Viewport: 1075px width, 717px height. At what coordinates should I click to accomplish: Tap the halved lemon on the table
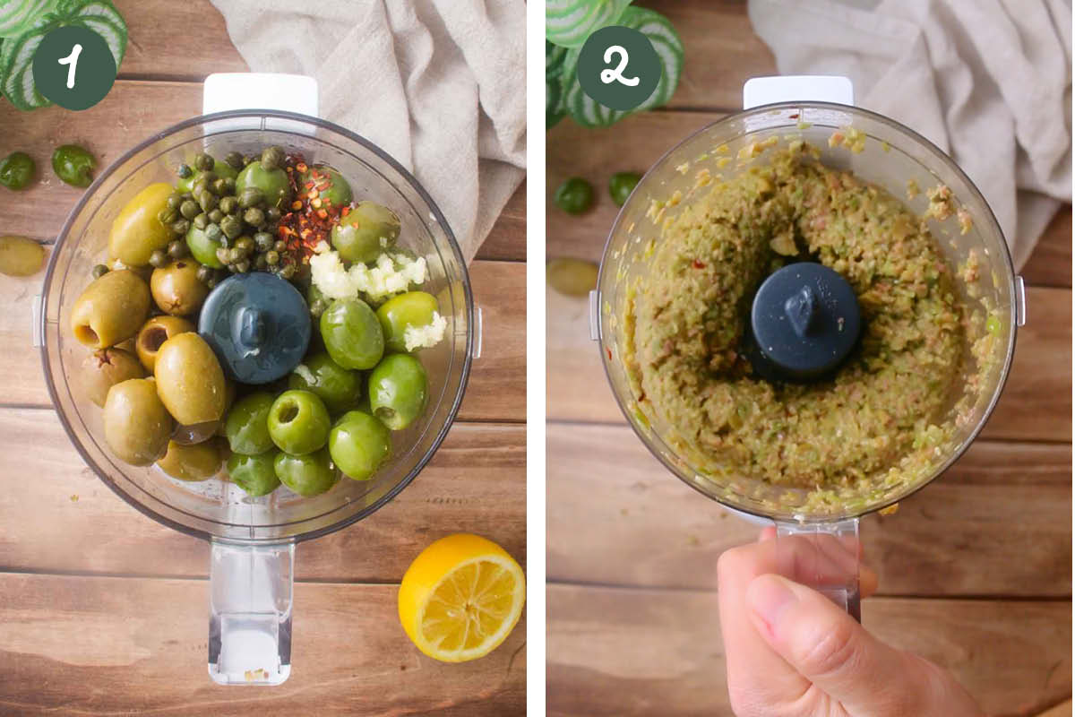click(461, 597)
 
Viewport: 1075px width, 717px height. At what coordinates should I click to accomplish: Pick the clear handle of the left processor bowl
click(251, 609)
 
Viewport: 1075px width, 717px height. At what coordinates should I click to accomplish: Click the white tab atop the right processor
click(797, 91)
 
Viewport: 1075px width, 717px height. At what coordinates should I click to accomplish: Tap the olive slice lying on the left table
click(20, 255)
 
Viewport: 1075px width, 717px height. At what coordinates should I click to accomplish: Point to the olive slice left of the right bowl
click(572, 276)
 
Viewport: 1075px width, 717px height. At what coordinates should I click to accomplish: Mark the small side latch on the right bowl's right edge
click(1019, 300)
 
